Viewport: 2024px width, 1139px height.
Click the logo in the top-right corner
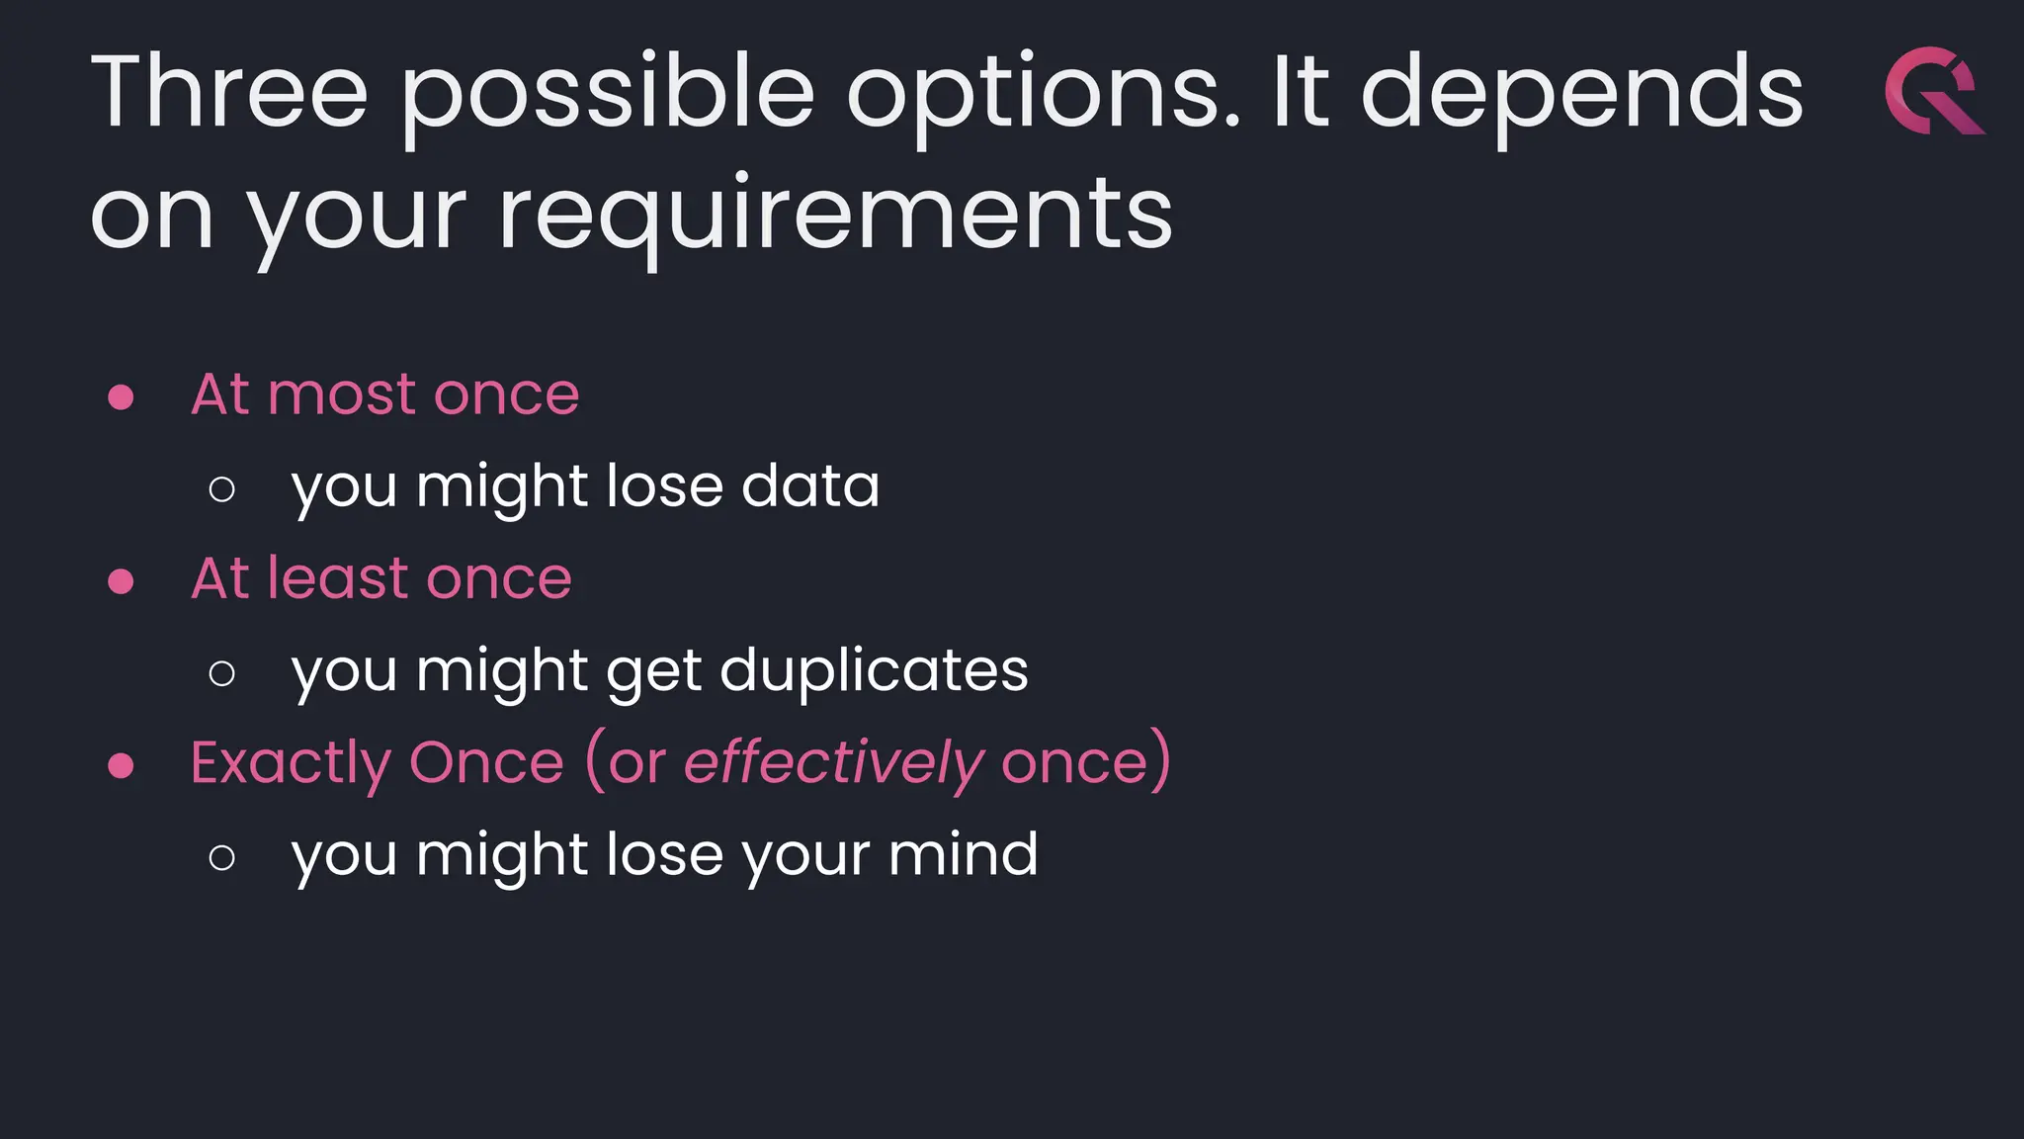pyautogui.click(x=1933, y=90)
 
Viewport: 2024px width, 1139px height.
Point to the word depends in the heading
pyautogui.click(x=1582, y=95)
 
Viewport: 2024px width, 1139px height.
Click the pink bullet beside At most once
pyautogui.click(x=121, y=397)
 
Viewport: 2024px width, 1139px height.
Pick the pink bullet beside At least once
pyautogui.click(x=121, y=580)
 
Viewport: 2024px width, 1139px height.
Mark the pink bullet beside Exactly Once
pyautogui.click(x=121, y=765)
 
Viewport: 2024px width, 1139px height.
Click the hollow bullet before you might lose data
pyautogui.click(x=222, y=488)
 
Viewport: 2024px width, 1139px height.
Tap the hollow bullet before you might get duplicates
pyautogui.click(x=222, y=673)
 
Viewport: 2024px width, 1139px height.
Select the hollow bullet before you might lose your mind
pyautogui.click(x=222, y=857)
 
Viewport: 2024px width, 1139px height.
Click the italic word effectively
pyautogui.click(x=833, y=763)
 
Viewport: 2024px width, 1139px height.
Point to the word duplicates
pyautogui.click(x=874, y=670)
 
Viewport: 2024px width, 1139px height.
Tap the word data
pyautogui.click(x=809, y=486)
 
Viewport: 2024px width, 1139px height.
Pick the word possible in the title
pyautogui.click(x=608, y=95)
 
